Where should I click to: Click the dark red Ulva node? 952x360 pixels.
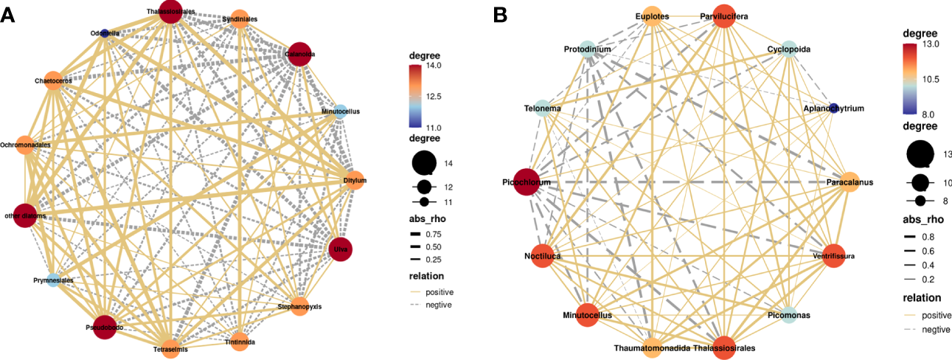pos(341,249)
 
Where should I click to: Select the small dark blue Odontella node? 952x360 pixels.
pos(105,32)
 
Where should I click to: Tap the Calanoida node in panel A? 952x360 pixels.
pos(299,55)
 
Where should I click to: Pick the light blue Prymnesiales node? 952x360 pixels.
pos(54,280)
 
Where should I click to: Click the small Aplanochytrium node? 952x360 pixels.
pos(834,108)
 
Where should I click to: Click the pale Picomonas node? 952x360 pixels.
pos(788,315)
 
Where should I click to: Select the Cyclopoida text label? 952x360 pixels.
pos(788,49)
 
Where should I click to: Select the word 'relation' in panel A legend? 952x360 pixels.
pos(428,277)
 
